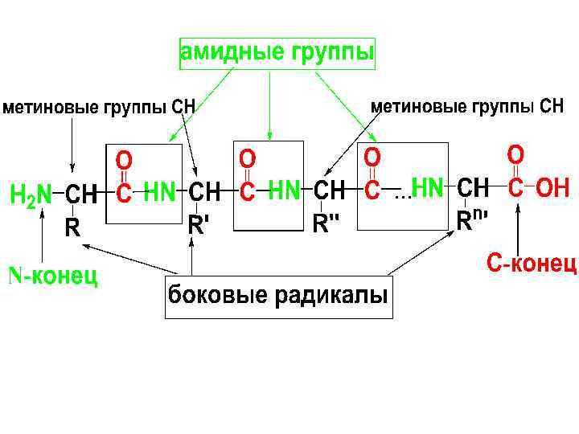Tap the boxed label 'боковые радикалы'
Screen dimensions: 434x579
(277, 295)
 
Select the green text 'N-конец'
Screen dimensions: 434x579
(53, 276)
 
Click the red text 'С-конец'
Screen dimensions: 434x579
(532, 263)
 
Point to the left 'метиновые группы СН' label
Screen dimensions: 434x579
(100, 107)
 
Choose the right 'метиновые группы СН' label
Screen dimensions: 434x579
(466, 106)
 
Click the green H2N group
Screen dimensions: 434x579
(31, 194)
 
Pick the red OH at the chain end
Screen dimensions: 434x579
(552, 189)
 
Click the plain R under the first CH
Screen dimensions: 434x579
(72, 228)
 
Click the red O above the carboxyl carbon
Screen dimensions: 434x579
(516, 153)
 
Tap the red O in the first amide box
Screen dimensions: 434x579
(125, 158)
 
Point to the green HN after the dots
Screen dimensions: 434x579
(427, 189)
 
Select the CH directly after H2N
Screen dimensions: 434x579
(80, 194)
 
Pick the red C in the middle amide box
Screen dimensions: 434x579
(248, 192)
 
